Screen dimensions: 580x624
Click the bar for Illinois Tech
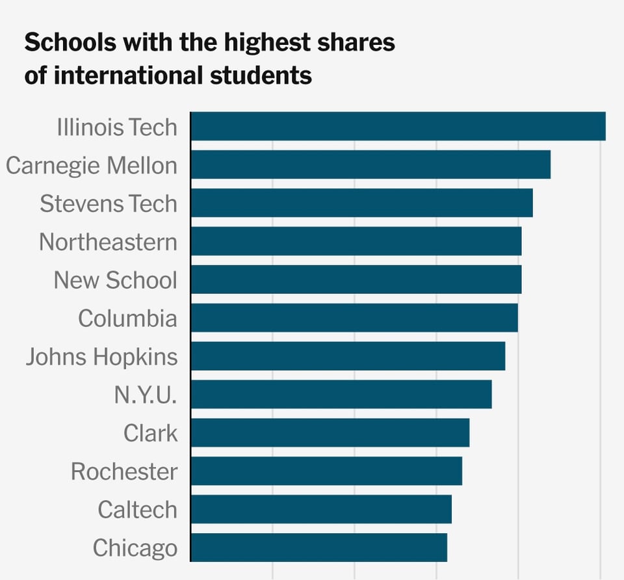coord(398,126)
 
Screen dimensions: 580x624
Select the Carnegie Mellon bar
coord(370,165)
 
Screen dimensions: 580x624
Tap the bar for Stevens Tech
coord(361,203)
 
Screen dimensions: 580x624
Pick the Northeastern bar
coord(356,241)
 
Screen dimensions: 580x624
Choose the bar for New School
coord(356,280)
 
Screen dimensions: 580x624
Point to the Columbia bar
coord(354,318)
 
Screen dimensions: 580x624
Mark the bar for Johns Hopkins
coord(348,356)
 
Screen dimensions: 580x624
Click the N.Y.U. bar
coord(341,395)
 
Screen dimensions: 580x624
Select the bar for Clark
coord(330,433)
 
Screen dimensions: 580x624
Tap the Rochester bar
coord(326,471)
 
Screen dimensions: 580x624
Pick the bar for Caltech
coord(321,510)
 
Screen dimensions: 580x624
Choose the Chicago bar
coord(318,547)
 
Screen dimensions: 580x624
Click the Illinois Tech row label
coord(117,127)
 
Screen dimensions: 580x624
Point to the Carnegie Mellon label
coord(92,165)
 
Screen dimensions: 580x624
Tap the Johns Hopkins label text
coord(101,357)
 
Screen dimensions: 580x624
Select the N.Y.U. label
coord(146,395)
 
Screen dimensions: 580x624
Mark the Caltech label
coord(137,510)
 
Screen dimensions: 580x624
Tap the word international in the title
coord(129,76)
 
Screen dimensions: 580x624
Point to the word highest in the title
coord(268,44)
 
